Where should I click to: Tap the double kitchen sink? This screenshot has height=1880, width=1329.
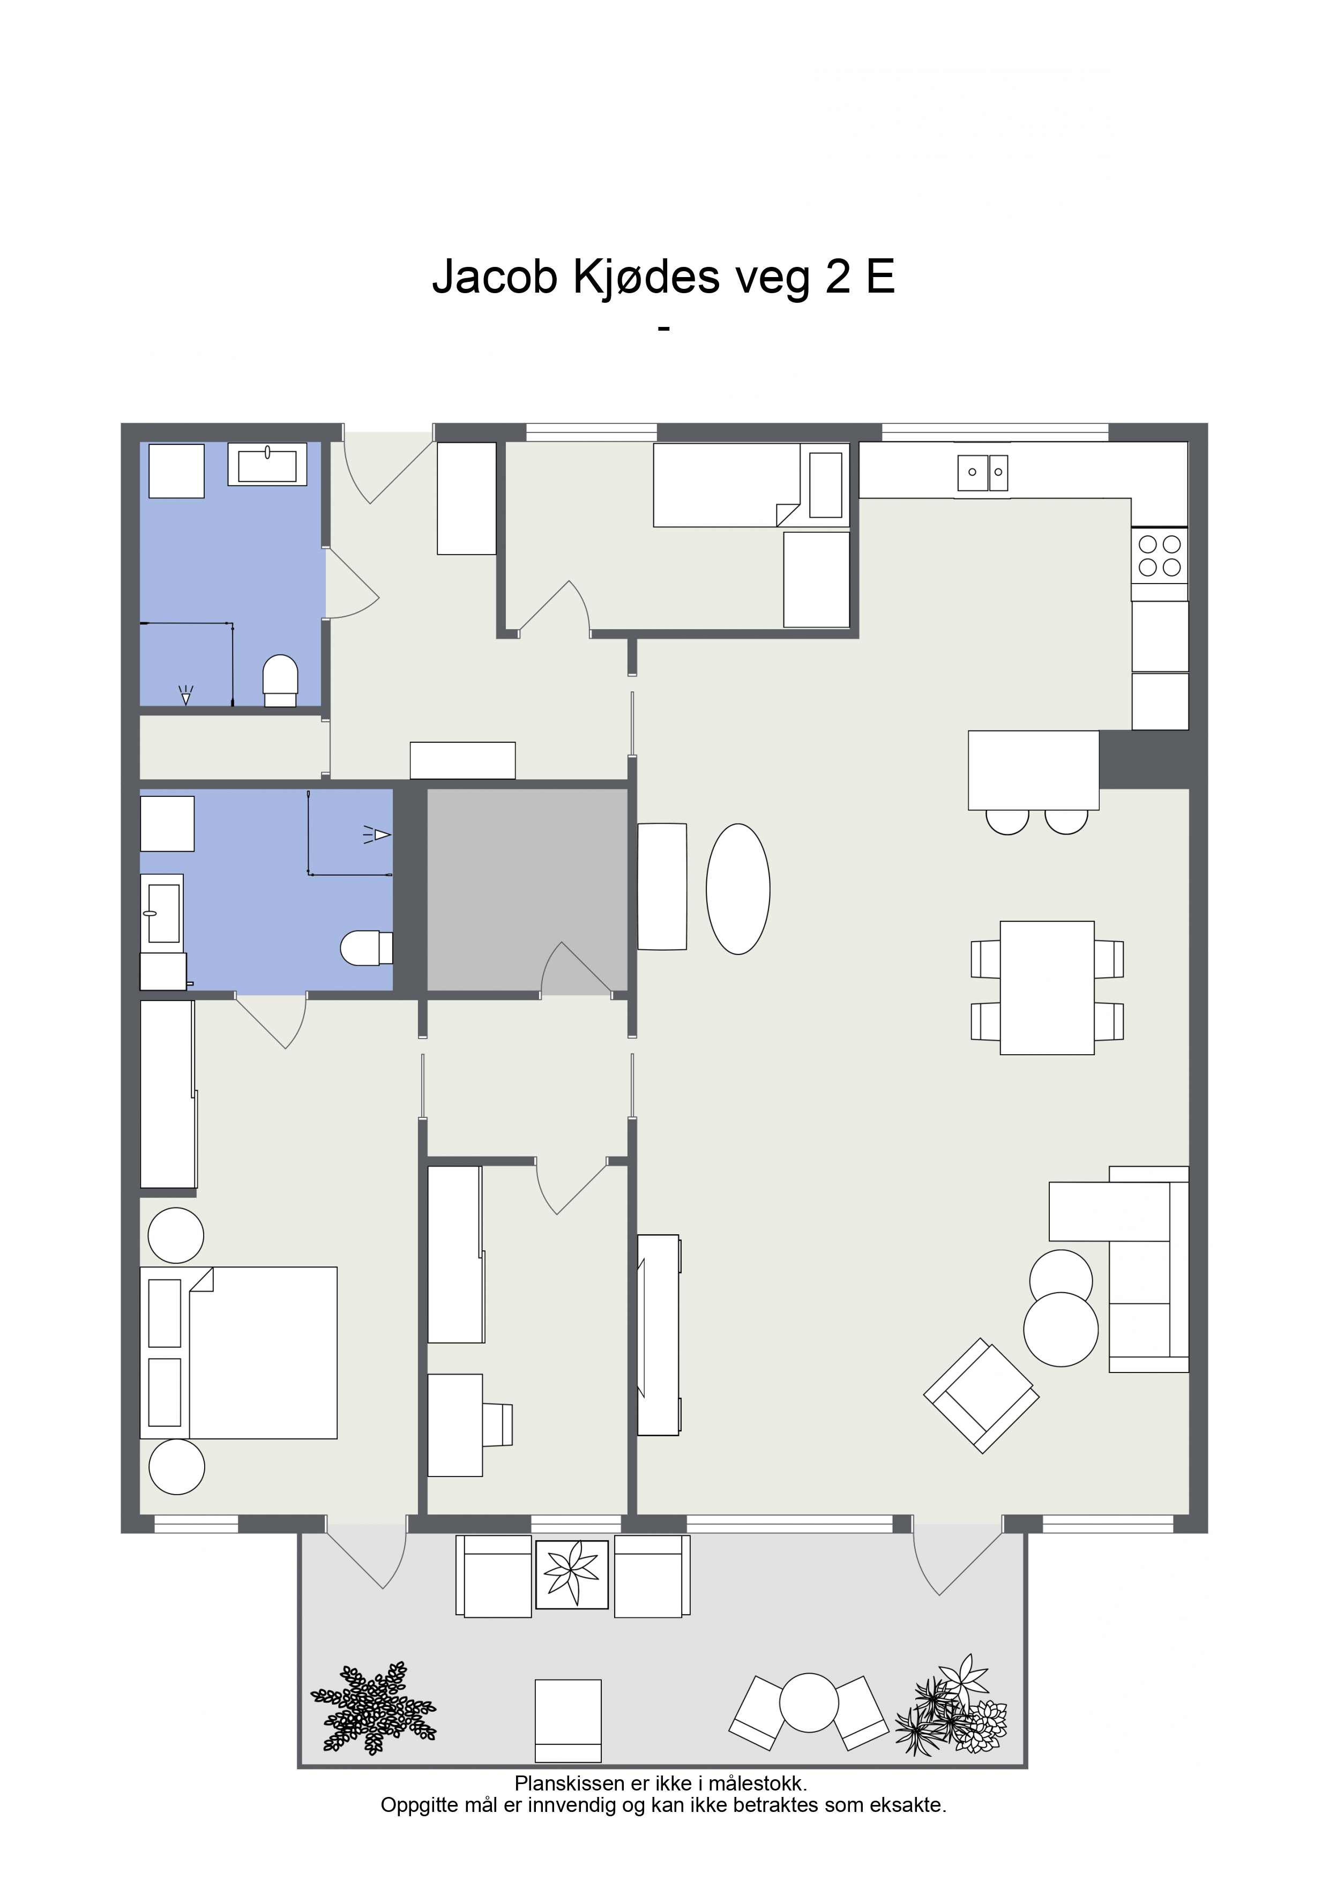[983, 473]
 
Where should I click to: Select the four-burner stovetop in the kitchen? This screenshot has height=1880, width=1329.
[1160, 556]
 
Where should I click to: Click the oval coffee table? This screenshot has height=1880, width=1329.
[738, 889]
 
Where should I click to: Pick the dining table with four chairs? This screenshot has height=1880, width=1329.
[1047, 988]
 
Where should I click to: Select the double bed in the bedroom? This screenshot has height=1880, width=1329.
[238, 1353]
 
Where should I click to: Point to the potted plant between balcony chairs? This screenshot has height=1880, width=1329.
[572, 1574]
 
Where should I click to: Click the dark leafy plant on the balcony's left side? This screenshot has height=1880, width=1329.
[374, 1708]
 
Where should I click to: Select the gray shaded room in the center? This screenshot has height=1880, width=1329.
[527, 890]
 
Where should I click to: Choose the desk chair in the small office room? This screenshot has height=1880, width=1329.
[497, 1425]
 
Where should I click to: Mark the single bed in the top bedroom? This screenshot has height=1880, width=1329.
[751, 485]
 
